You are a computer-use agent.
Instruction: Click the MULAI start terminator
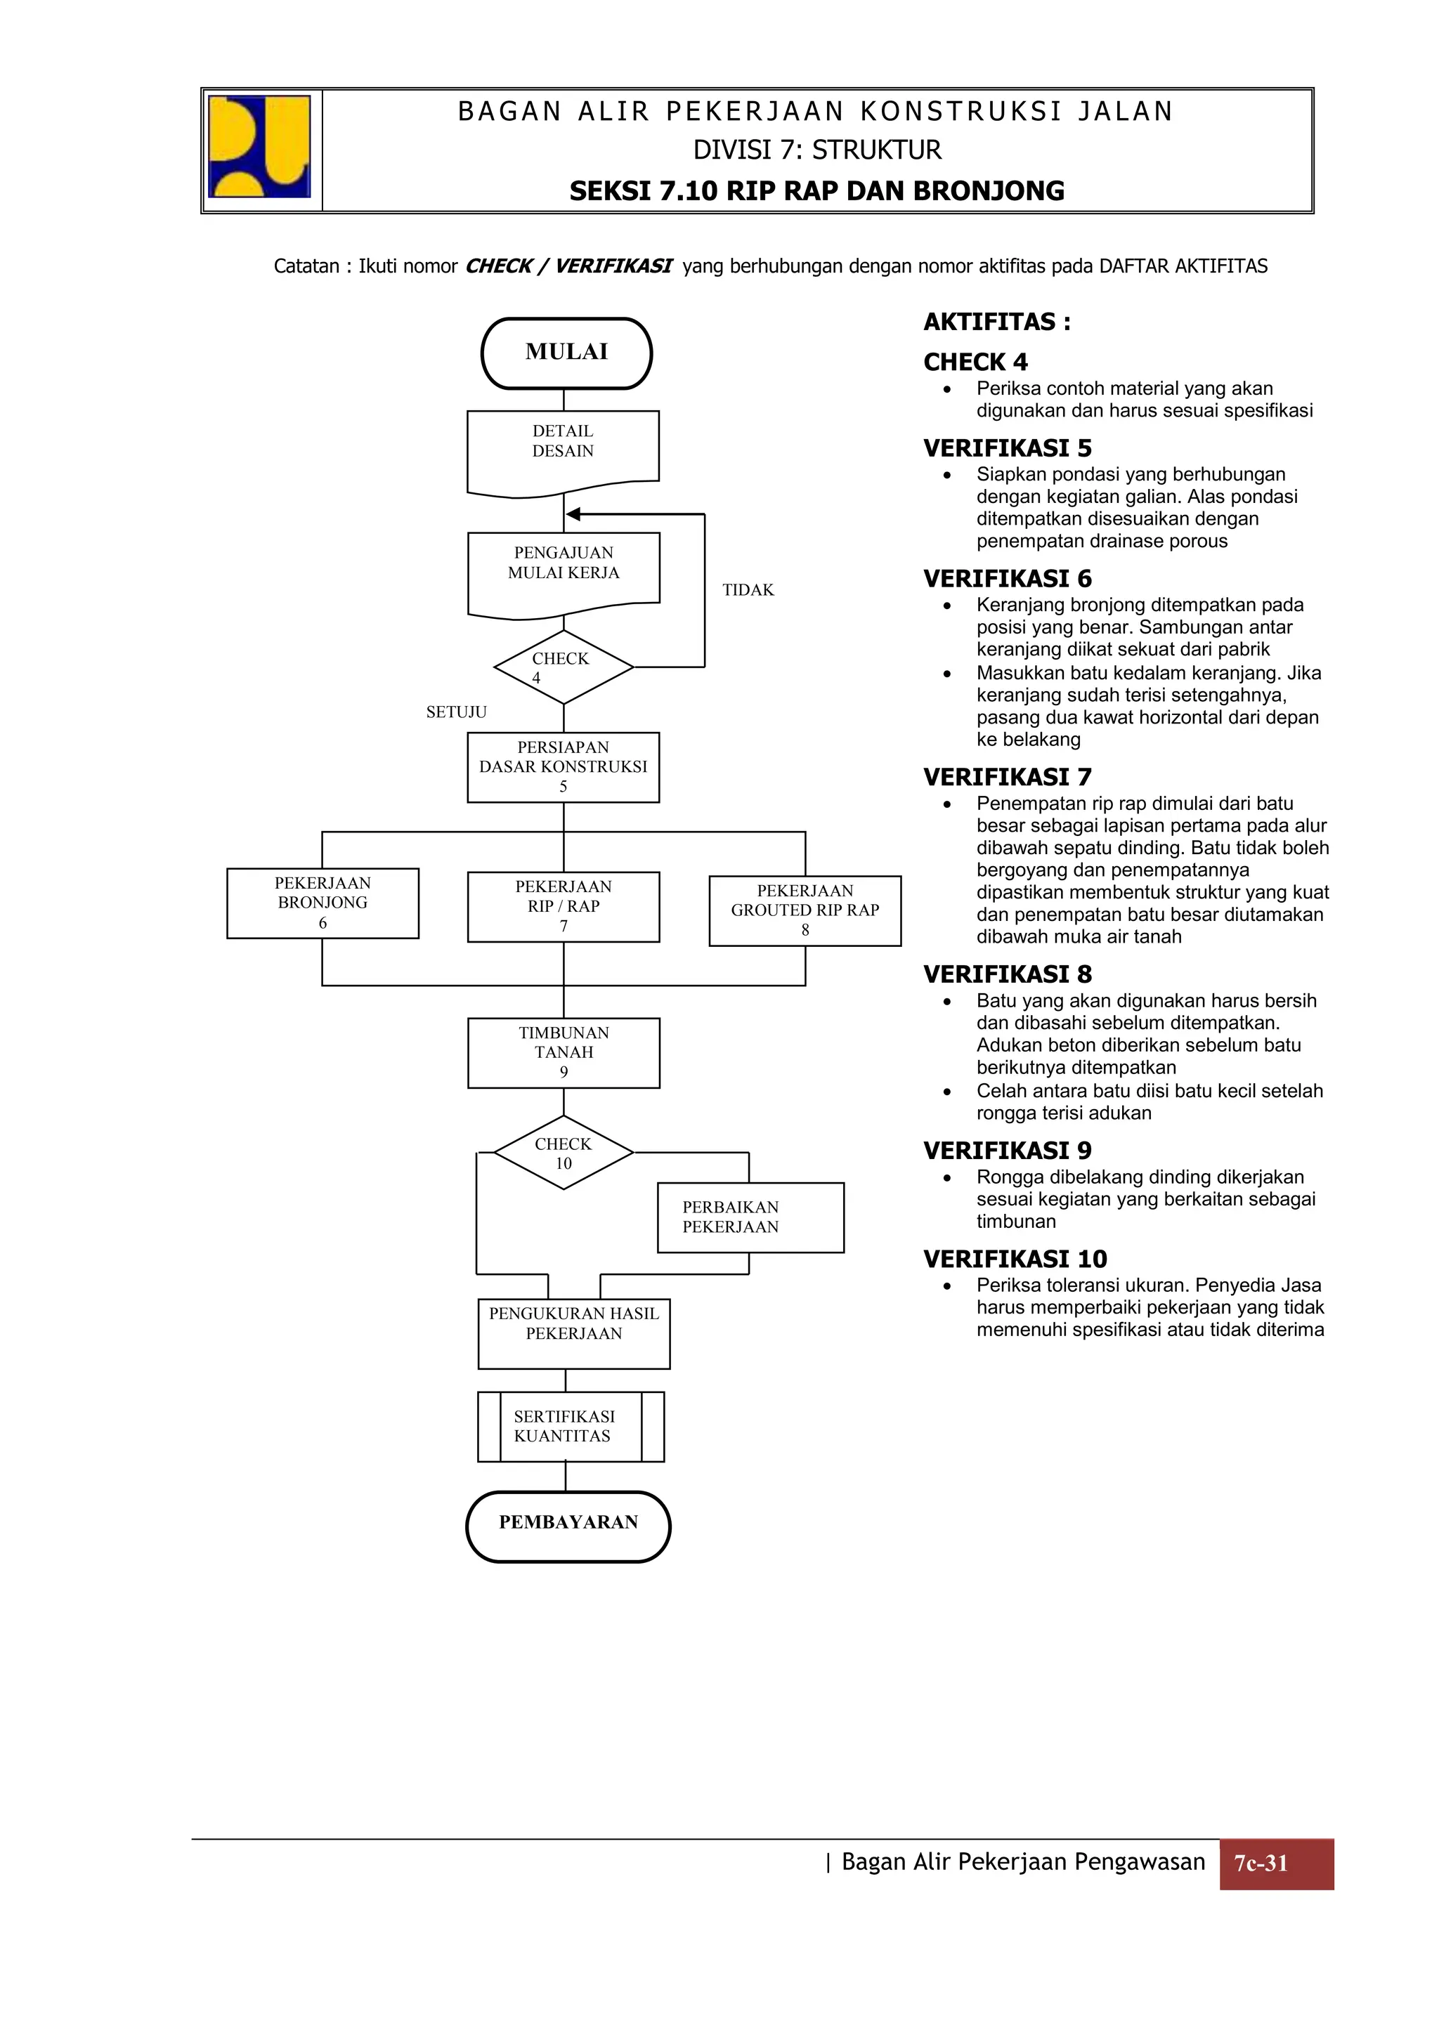tap(566, 353)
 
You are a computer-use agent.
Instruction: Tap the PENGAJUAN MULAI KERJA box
tap(564, 571)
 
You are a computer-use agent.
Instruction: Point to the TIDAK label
tap(748, 590)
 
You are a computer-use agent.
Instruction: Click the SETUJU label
tap(456, 712)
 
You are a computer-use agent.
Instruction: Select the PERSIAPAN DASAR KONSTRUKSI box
tap(563, 766)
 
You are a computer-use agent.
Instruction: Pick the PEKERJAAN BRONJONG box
tap(323, 903)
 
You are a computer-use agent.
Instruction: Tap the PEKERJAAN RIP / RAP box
tap(563, 907)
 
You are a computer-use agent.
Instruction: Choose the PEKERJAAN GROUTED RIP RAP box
tap(805, 910)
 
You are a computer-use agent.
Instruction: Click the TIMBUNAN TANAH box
tap(564, 1052)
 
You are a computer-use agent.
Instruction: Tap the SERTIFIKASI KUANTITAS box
tap(570, 1426)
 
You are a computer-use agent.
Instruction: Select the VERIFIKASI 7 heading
tap(1007, 778)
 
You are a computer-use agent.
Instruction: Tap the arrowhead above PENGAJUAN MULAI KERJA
tap(573, 514)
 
